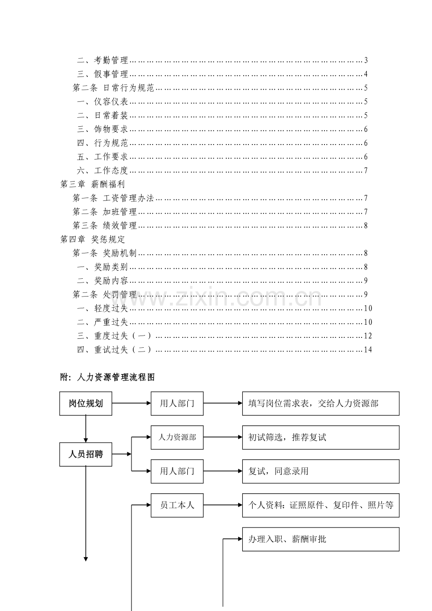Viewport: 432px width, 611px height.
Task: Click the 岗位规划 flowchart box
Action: point(85,404)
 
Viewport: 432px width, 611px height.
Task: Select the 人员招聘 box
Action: point(85,454)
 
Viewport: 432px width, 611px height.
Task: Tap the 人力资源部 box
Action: point(177,437)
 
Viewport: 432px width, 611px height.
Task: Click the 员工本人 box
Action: point(177,505)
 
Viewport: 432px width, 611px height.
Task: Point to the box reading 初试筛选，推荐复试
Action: point(321,437)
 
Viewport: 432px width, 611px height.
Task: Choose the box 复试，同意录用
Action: point(321,471)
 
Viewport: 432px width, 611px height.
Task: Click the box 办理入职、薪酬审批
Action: point(321,539)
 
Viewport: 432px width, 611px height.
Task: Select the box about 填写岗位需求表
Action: point(321,404)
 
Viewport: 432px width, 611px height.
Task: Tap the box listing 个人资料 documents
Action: point(321,505)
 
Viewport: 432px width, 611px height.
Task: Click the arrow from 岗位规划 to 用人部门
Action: point(131,403)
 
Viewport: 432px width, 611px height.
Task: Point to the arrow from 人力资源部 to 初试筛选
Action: point(223,437)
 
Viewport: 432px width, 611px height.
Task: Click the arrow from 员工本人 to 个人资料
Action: point(223,505)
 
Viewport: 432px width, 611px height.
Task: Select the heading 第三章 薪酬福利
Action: point(93,184)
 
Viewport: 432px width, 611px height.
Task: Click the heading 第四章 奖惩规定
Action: point(93,239)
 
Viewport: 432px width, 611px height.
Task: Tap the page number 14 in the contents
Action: point(368,350)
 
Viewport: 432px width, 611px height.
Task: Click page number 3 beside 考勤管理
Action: point(366,60)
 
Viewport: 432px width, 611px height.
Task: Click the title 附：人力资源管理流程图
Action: point(108,377)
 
